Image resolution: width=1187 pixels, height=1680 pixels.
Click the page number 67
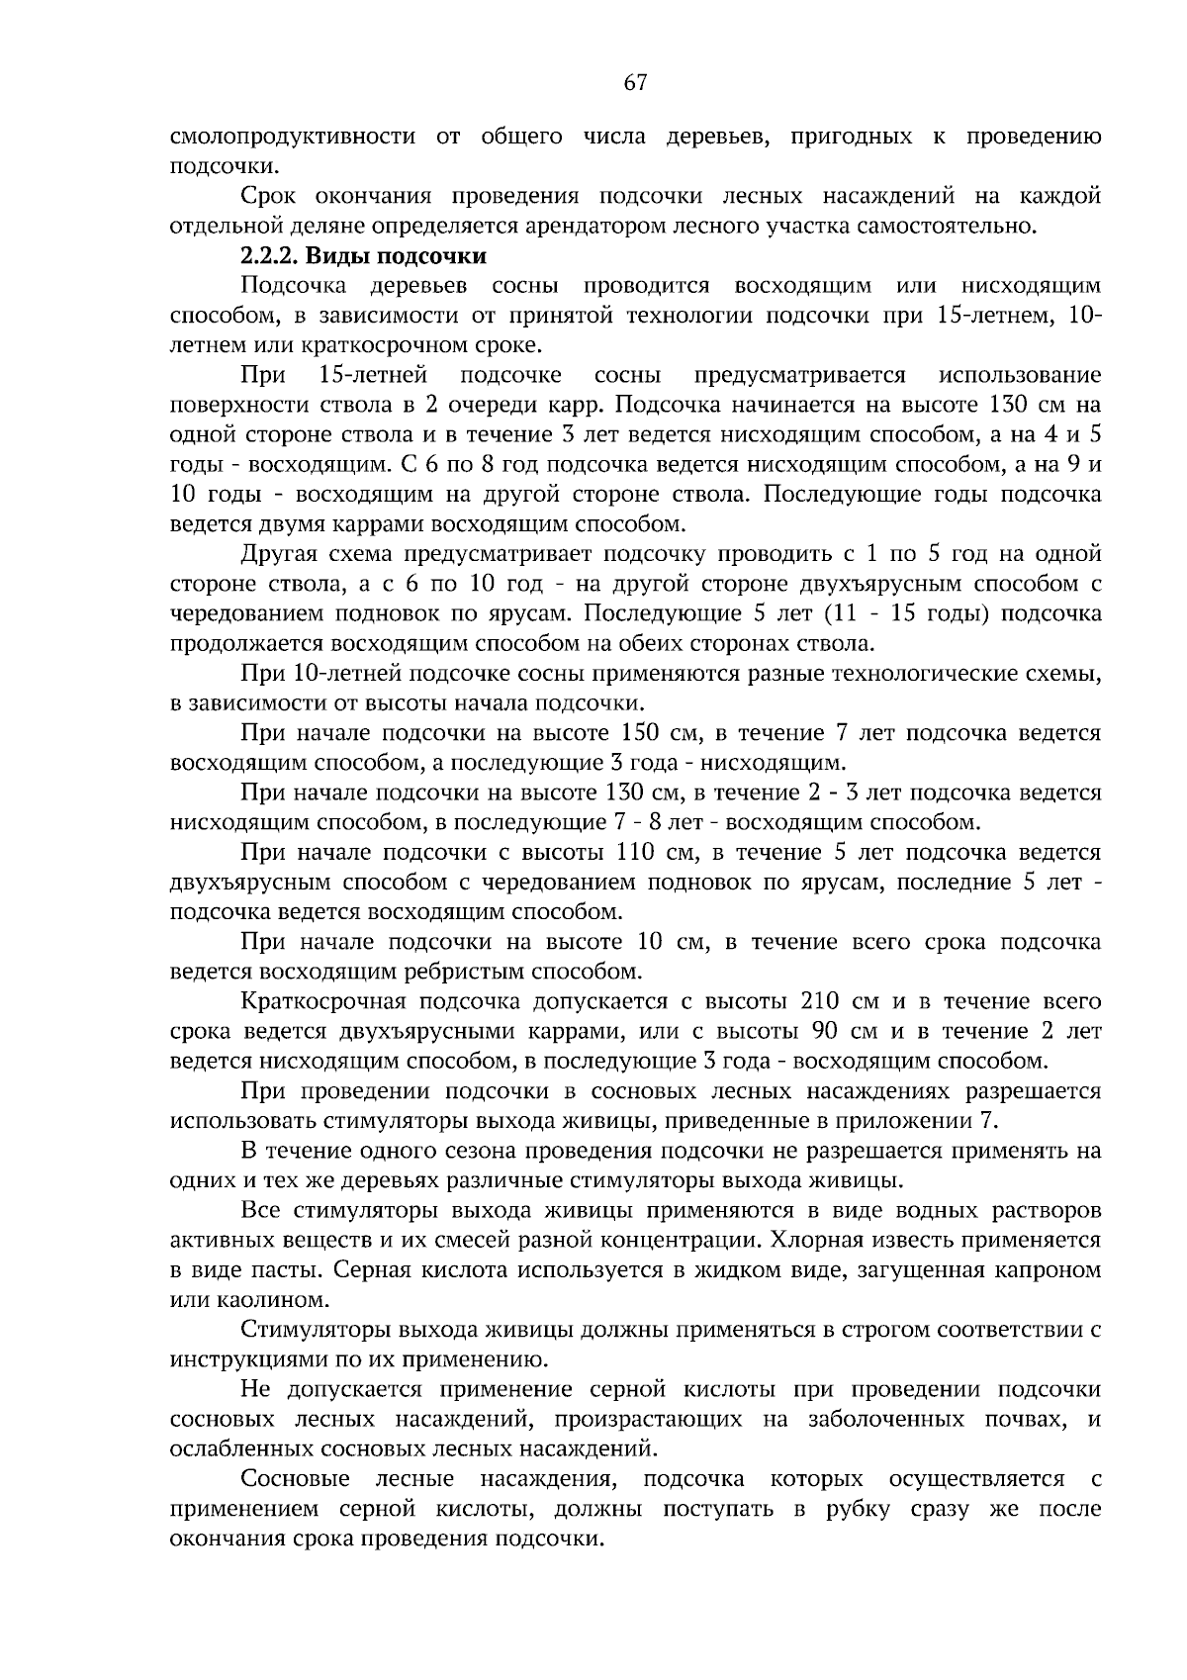[635, 84]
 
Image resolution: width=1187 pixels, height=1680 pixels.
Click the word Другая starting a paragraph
[277, 554]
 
